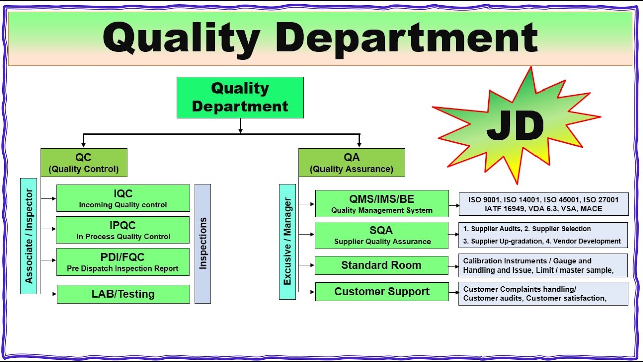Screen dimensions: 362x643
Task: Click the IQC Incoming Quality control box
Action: [123, 198]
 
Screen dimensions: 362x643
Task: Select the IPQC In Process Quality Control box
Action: [123, 230]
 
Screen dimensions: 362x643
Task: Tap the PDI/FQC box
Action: [123, 262]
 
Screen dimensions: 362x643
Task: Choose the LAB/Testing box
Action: [123, 294]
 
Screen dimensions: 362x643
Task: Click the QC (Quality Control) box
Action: [83, 163]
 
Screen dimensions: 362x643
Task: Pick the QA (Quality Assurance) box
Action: [352, 163]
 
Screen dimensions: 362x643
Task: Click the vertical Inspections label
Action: [203, 243]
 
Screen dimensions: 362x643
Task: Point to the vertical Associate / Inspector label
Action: [29, 235]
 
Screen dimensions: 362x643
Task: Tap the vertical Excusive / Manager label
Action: [287, 241]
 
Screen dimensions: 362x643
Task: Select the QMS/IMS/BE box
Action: [382, 204]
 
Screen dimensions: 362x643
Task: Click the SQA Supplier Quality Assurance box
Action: [382, 235]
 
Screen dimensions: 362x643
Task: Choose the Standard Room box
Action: [382, 265]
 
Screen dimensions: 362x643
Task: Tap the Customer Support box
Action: [382, 292]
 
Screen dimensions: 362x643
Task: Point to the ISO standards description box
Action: [543, 204]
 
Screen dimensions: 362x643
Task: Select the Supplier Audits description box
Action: [543, 235]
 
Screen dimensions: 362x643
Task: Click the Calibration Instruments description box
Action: [543, 265]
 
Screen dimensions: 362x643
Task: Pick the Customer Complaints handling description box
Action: [543, 294]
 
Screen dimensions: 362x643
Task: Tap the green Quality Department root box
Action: [240, 98]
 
